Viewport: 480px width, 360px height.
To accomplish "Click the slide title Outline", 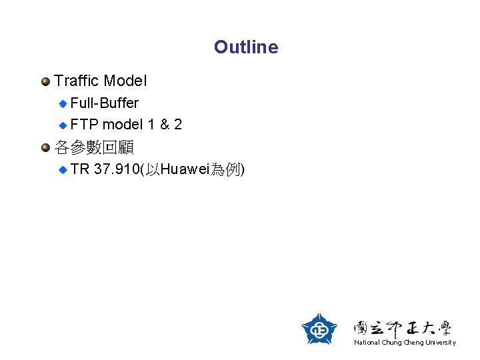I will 246,47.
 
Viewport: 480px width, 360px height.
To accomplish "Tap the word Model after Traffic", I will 126,81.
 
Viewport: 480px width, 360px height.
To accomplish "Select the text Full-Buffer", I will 104,103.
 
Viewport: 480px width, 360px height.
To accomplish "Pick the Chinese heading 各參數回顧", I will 94,147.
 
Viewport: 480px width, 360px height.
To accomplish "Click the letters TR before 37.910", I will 80,169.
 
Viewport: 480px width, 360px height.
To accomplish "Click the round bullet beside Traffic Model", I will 45,82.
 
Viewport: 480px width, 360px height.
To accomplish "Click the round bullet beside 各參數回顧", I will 45,147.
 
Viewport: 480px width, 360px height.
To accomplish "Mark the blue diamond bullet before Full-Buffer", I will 63,103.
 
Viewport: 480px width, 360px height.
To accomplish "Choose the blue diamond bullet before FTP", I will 63,125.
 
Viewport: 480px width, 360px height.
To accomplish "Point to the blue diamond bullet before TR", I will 63,170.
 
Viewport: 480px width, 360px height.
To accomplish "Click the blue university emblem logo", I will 319,329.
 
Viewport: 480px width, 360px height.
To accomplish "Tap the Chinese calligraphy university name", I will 403,327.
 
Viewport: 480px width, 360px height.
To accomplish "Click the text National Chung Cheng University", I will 405,343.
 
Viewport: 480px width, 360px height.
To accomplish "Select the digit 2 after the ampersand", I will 178,125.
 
